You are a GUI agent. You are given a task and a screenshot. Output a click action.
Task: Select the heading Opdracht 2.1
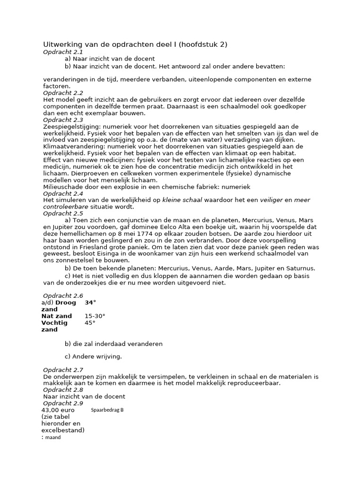click(63, 52)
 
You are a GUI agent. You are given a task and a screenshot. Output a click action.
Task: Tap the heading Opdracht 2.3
click(63, 120)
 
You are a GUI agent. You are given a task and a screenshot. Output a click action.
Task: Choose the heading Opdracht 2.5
click(63, 214)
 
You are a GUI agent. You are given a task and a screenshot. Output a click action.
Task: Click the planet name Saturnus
click(299, 268)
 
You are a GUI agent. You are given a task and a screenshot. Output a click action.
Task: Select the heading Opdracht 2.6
click(63, 295)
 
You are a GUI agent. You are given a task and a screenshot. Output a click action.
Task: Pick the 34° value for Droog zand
click(90, 302)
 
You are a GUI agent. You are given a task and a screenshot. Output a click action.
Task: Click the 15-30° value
click(95, 316)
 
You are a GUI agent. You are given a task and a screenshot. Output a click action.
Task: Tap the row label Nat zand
click(57, 316)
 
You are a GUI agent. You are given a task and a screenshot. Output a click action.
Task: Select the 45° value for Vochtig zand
click(90, 323)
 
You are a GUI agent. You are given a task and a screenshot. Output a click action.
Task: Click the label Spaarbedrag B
click(107, 410)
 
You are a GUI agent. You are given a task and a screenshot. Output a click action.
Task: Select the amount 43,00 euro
click(58, 410)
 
